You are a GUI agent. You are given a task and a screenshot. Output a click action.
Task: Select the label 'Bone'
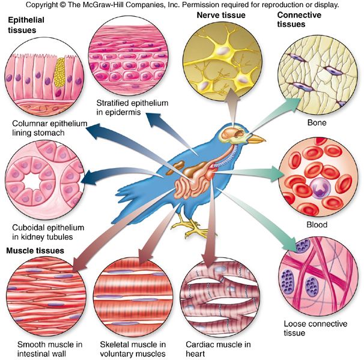pos(316,122)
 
